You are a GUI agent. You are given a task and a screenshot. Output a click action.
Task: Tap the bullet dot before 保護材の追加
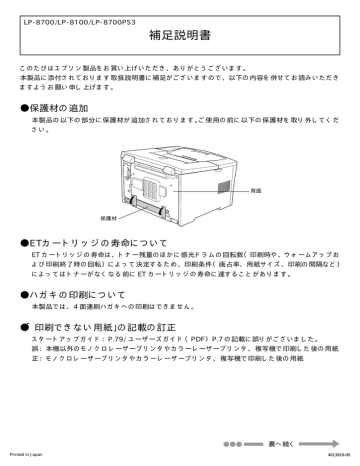pyautogui.click(x=26, y=105)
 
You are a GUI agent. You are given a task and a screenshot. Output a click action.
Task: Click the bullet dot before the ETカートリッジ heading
pyautogui.click(x=26, y=242)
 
